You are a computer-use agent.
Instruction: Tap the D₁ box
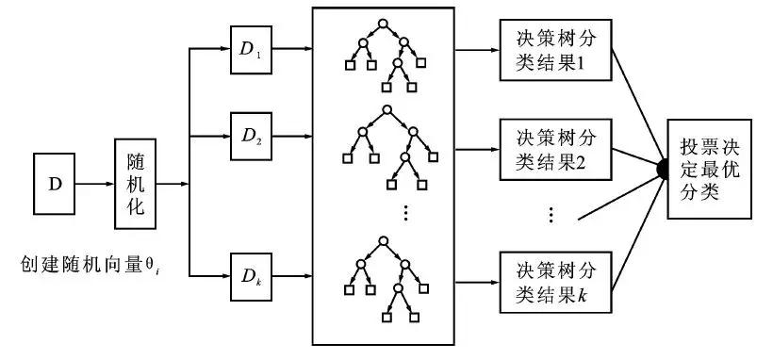click(250, 48)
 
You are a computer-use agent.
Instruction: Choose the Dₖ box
click(250, 276)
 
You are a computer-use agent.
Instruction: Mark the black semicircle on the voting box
click(663, 168)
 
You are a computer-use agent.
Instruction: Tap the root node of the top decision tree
click(382, 22)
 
